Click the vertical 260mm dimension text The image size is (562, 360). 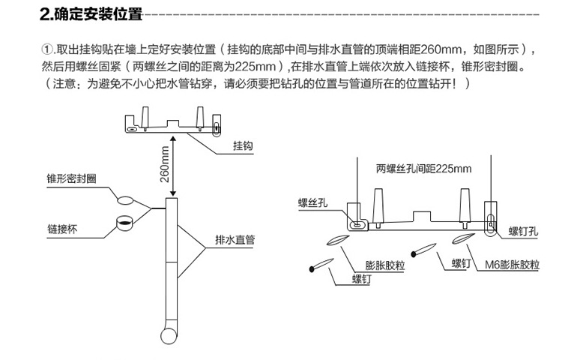[164, 166]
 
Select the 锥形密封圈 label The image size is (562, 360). [70, 179]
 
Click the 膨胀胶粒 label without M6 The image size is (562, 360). [384, 265]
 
